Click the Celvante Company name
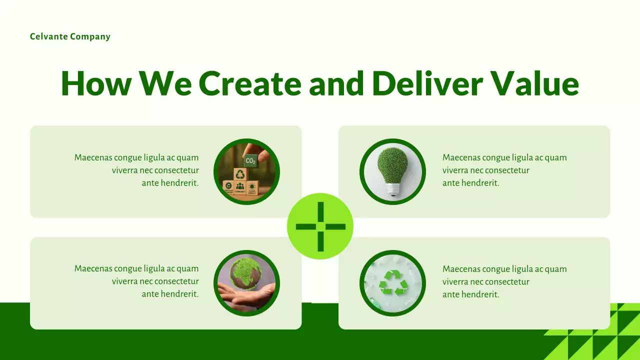(x=70, y=36)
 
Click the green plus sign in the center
(x=320, y=226)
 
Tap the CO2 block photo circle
(x=246, y=171)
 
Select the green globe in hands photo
(x=246, y=283)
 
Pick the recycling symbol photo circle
(x=392, y=283)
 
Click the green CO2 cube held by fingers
(x=250, y=161)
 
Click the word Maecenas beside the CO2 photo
(x=93, y=157)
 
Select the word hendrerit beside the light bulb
(x=480, y=183)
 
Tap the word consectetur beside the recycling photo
(x=507, y=281)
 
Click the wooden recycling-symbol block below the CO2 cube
(x=240, y=174)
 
